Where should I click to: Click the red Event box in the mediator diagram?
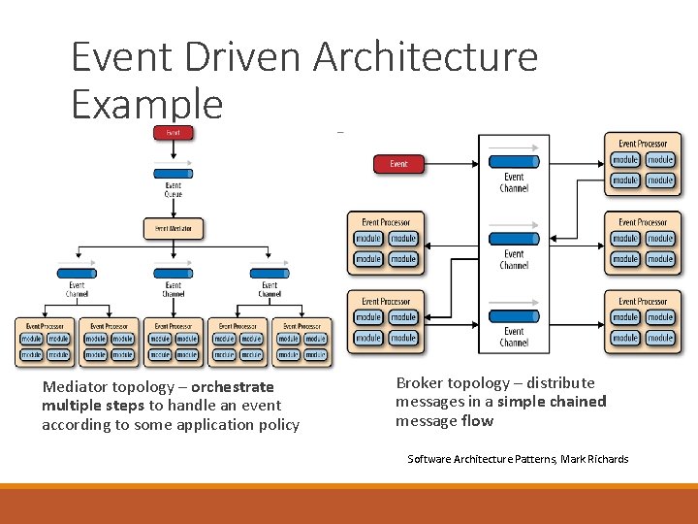tap(173, 133)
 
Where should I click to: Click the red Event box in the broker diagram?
tap(398, 164)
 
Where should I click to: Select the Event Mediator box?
tap(173, 229)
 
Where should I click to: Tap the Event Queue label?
tap(173, 189)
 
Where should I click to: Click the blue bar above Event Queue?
tap(173, 173)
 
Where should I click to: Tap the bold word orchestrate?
tap(232, 386)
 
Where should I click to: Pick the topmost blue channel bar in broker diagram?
tap(514, 161)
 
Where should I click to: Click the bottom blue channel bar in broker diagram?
tap(514, 316)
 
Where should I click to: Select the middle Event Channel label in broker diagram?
tap(514, 259)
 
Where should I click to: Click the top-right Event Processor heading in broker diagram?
tap(642, 144)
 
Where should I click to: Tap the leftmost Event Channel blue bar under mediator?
tap(77, 272)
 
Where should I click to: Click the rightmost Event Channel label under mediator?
tap(270, 289)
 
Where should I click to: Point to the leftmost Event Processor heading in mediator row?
tap(45, 326)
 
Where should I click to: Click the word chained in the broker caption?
tap(576, 402)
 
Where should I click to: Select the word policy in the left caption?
tap(279, 425)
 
